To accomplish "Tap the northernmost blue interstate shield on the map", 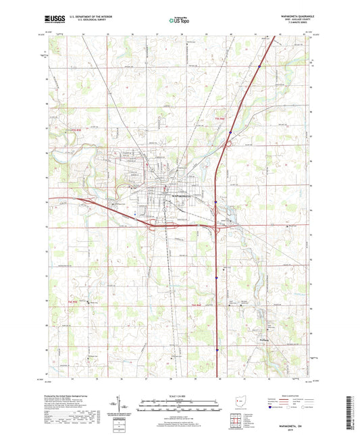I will click(259, 66).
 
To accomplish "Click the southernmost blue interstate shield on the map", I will click(217, 349).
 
